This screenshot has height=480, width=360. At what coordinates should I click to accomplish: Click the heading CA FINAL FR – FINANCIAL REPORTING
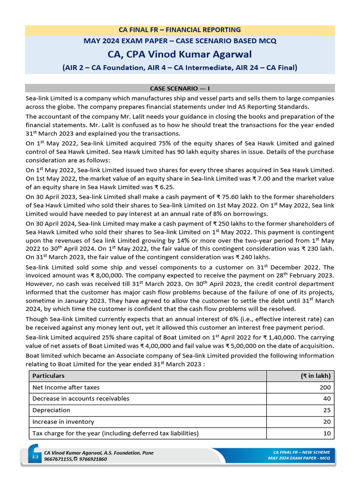[180, 30]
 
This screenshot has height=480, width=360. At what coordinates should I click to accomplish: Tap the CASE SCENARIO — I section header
[180, 88]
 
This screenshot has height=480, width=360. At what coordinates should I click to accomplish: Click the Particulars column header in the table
[48, 376]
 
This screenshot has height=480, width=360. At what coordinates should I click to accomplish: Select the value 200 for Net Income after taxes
[325, 387]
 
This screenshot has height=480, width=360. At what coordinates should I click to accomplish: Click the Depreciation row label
[51, 410]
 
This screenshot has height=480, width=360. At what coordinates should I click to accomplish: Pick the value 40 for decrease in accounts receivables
[327, 399]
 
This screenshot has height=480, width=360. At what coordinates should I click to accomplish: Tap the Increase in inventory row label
[63, 422]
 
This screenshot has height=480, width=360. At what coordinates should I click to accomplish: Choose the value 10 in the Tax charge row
[327, 433]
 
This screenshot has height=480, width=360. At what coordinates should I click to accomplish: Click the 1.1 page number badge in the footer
[35, 456]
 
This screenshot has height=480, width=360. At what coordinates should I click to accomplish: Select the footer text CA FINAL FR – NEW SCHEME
[301, 452]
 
